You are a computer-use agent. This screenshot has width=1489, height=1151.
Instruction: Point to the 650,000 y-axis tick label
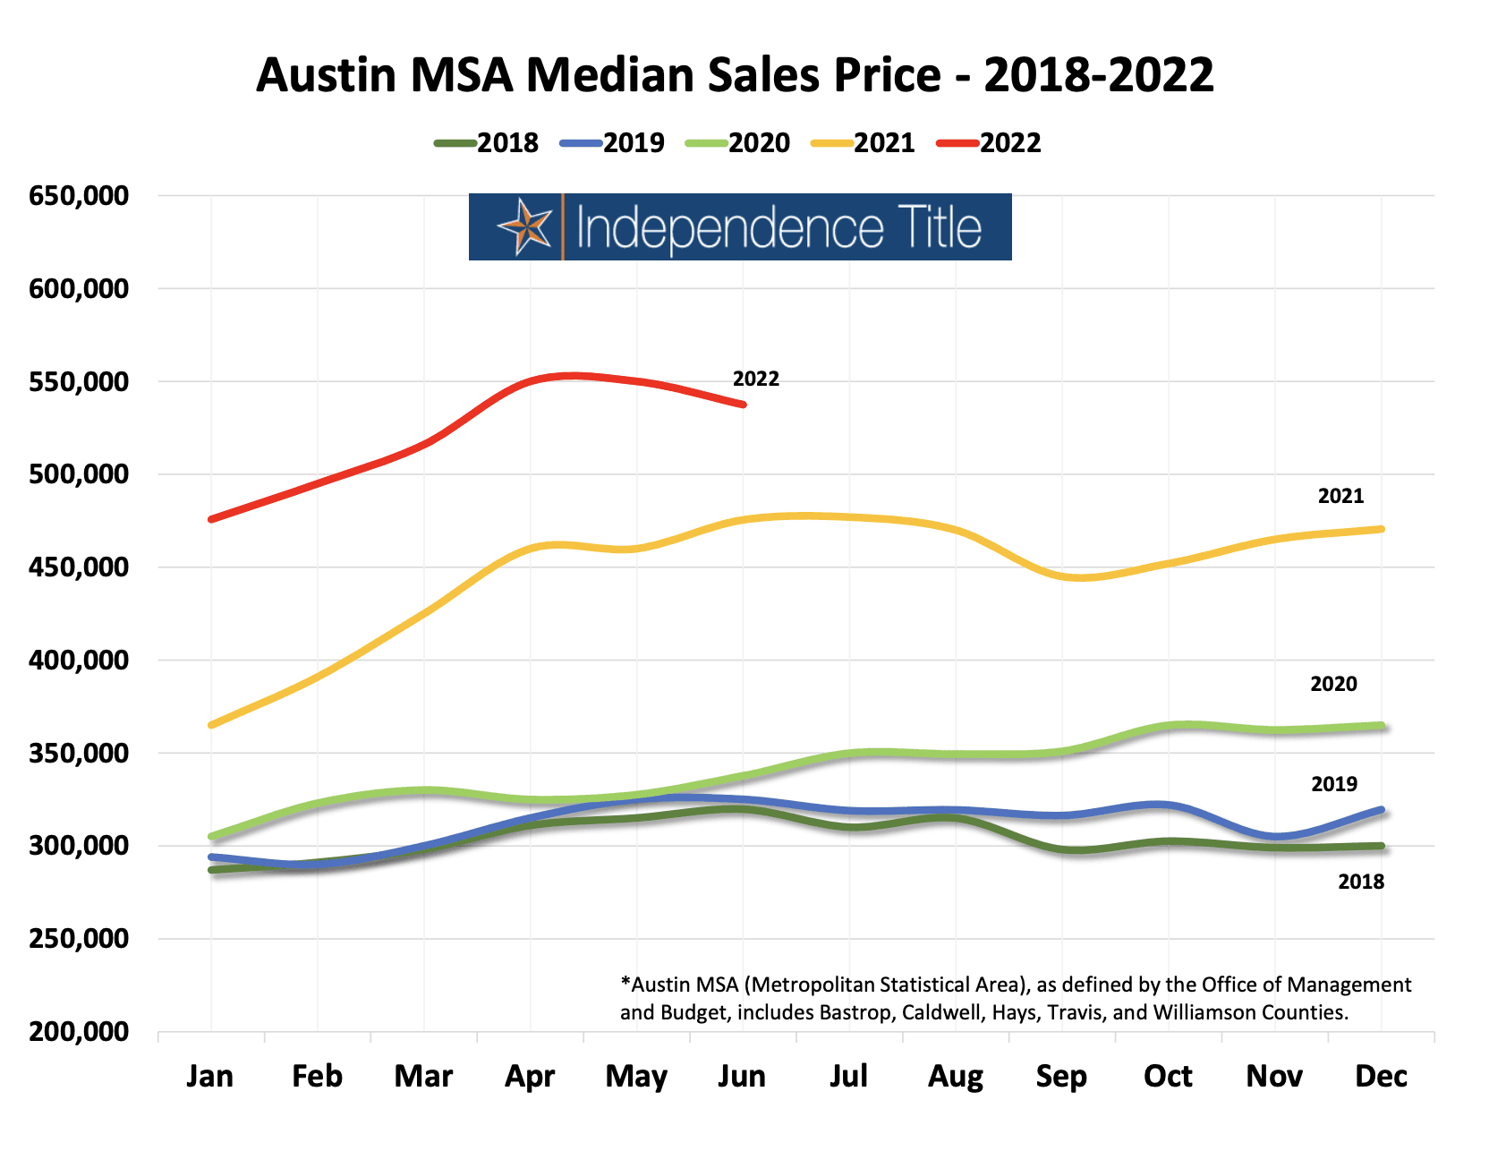(x=79, y=195)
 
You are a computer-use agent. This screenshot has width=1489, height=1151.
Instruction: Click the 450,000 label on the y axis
(x=79, y=567)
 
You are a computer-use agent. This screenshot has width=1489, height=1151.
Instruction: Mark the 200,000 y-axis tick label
(x=79, y=1032)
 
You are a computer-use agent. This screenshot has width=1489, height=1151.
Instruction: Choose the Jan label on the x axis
(x=210, y=1076)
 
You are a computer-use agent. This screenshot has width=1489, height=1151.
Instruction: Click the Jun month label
(x=742, y=1076)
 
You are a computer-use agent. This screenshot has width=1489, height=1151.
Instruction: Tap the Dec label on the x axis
(x=1381, y=1076)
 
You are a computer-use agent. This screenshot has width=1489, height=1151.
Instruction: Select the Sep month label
(x=1061, y=1076)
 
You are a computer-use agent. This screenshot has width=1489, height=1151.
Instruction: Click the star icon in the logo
(x=527, y=227)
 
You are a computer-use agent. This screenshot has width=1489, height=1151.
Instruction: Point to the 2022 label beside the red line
(x=756, y=379)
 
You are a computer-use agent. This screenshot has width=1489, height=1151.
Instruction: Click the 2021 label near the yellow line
(x=1340, y=496)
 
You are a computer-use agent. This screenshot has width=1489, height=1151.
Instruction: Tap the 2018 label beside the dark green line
(x=1361, y=882)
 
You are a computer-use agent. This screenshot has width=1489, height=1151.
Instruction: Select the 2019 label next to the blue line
(x=1334, y=784)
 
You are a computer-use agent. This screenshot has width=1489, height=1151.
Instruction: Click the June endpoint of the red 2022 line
(x=743, y=405)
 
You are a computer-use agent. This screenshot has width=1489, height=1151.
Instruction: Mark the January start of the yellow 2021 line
(x=211, y=724)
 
